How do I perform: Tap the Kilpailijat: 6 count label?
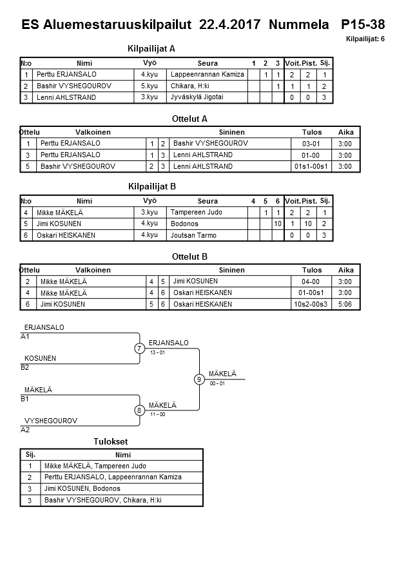[365, 39]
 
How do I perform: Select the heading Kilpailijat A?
[152, 48]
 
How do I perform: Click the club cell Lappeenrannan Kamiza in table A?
[208, 75]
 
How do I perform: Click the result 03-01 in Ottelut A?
[311, 144]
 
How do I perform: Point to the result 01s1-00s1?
[311, 167]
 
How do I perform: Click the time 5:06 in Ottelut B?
[345, 304]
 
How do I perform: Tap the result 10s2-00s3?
[311, 304]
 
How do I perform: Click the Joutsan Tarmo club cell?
[192, 235]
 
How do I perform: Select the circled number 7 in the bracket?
[139, 349]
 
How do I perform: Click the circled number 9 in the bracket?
[200, 379]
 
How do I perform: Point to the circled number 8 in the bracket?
[139, 410]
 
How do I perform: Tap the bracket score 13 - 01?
[158, 352]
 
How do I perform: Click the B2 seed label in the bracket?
[25, 368]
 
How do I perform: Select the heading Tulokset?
[111, 442]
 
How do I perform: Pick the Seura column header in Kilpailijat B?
[208, 201]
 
